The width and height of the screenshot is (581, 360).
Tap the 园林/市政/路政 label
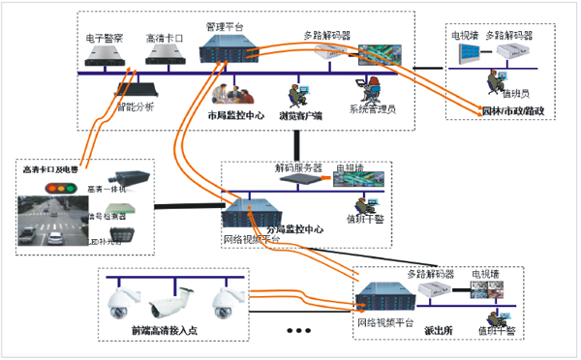click(512, 110)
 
